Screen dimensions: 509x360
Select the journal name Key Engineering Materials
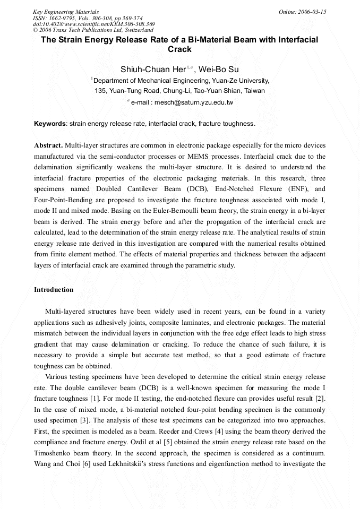coord(66,12)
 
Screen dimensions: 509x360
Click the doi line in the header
coord(93,24)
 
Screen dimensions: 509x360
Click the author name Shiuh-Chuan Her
coord(149,69)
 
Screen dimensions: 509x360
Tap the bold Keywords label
coord(50,124)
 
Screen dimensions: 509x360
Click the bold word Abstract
coord(48,145)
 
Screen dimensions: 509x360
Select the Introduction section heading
coord(54,290)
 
